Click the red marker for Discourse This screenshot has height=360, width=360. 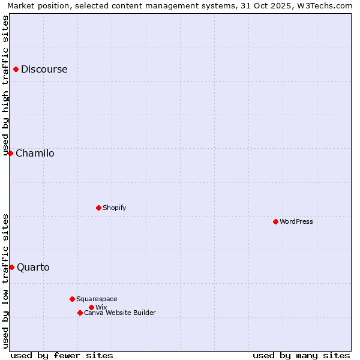(16, 69)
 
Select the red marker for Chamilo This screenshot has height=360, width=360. (10, 153)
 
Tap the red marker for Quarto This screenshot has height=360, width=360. (11, 267)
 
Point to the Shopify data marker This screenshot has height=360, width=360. (98, 208)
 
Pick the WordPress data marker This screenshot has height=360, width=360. (275, 221)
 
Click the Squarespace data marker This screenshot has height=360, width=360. (72, 299)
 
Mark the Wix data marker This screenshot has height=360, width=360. (91, 307)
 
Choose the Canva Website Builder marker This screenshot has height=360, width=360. (80, 313)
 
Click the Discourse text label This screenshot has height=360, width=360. (44, 69)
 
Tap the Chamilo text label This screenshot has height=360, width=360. (35, 153)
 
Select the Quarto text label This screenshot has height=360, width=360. (33, 267)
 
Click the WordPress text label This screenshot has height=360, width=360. (296, 221)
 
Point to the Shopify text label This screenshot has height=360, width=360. (115, 208)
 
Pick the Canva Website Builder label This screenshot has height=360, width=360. (120, 313)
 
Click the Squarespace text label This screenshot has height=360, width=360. (97, 299)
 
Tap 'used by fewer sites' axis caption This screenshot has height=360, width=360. (62, 355)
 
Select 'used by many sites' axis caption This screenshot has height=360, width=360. (301, 355)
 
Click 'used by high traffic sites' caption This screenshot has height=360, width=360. (5, 85)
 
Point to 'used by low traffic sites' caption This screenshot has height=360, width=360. (5, 281)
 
